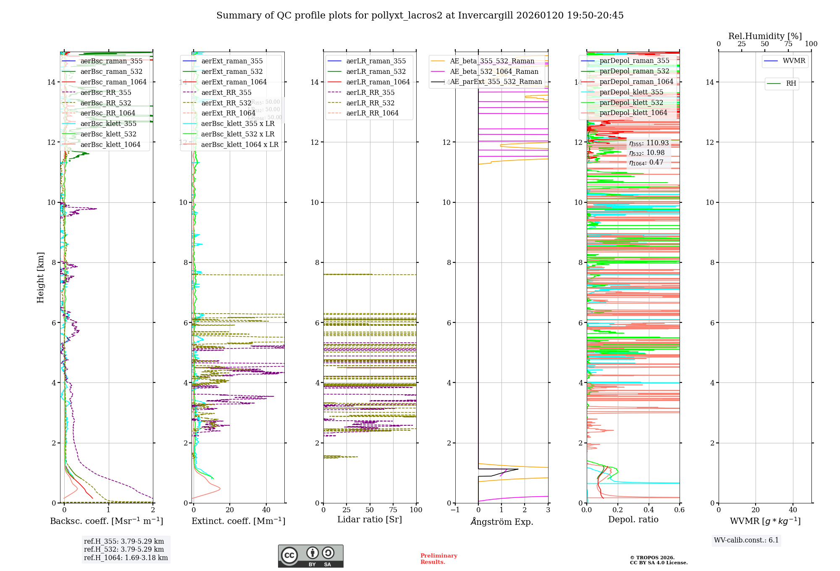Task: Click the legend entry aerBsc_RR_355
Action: [105, 92]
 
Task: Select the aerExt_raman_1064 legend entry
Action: [234, 82]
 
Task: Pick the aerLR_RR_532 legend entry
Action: [370, 103]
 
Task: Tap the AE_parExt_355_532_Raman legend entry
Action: [496, 82]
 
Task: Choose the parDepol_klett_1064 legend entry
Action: [633, 113]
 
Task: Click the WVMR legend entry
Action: [794, 61]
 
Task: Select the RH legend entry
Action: [791, 84]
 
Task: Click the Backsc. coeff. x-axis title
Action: [106, 521]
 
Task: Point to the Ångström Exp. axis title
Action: [501, 522]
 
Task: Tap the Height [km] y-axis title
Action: [40, 278]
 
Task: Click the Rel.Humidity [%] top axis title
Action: [765, 36]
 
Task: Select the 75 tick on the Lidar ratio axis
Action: [393, 510]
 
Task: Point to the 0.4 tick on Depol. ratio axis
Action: [648, 510]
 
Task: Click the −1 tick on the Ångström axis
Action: [455, 510]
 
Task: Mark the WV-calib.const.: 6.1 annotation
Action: [746, 540]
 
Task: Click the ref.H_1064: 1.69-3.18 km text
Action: [126, 558]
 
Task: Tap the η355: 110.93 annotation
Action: [648, 143]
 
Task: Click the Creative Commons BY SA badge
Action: [310, 556]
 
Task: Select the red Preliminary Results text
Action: [438, 559]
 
